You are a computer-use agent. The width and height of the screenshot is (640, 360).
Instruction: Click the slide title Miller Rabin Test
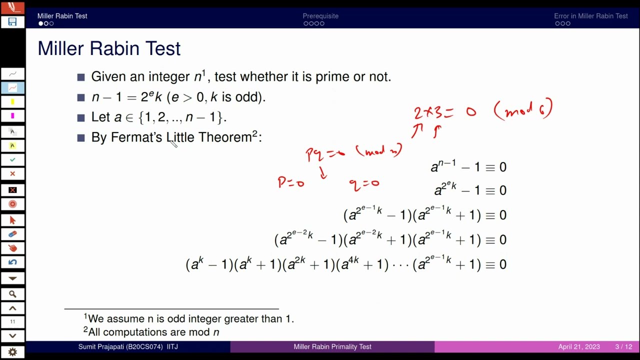pos(109,48)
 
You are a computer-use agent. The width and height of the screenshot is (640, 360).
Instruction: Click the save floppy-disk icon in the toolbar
pos(12,22)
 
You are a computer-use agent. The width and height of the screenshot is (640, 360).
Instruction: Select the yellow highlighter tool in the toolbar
pos(12,102)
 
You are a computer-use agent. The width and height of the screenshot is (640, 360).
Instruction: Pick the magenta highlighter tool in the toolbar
pos(12,116)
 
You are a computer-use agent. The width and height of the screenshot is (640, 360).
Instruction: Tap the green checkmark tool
pos(12,159)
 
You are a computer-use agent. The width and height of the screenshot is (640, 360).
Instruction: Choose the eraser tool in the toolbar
pos(12,234)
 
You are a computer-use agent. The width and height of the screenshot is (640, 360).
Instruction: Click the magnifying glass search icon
pos(12,294)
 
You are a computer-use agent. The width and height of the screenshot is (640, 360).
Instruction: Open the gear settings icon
pos(12,352)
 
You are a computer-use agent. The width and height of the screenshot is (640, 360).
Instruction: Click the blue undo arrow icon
pos(12,262)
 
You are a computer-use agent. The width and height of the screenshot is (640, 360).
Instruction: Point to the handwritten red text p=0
pos(291,182)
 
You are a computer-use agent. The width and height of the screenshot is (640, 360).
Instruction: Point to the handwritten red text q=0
pos(364,184)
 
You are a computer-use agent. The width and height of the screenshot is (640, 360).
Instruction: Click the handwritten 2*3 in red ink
pos(433,112)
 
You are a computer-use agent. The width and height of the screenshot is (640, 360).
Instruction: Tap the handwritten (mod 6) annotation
pos(523,109)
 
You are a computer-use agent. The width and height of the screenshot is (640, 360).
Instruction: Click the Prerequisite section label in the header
pos(320,16)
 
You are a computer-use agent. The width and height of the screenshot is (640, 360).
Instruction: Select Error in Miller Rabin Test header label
pos(590,16)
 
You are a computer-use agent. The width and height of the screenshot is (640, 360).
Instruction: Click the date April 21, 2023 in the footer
pos(579,346)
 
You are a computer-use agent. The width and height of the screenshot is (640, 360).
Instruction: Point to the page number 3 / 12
pos(623,346)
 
